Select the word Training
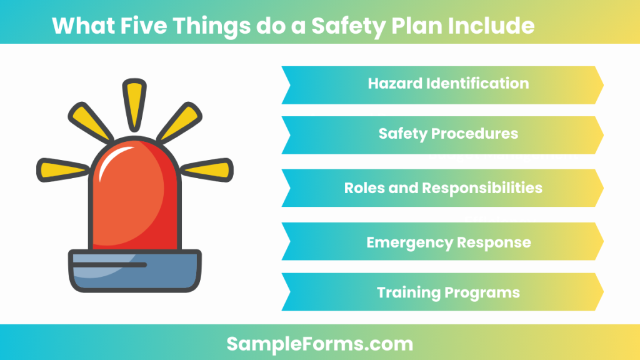pyautogui.click(x=409, y=292)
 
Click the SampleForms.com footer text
pyautogui.click(x=319, y=343)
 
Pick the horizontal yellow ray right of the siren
pyautogui.click(x=209, y=167)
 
